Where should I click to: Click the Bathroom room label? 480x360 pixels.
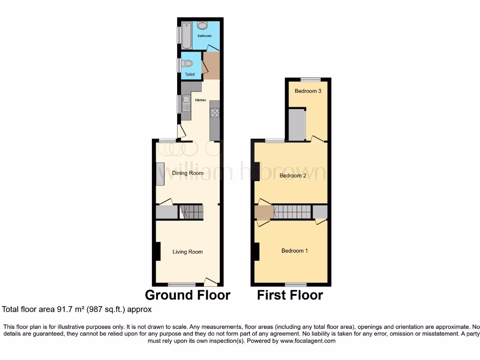tap(204, 36)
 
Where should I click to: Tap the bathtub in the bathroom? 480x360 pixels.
tap(187, 34)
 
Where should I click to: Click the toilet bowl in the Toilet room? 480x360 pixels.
tap(188, 64)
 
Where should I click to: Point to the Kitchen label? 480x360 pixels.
tap(201, 100)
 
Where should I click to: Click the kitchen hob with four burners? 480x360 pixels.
tap(215, 112)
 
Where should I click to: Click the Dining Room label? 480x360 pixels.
tap(187, 173)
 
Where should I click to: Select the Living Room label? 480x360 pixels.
tap(187, 252)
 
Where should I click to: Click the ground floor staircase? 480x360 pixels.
tap(192, 212)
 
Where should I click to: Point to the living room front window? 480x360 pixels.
tap(182, 284)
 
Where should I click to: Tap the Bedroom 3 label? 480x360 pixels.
tap(307, 91)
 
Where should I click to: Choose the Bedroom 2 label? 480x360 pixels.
tap(293, 176)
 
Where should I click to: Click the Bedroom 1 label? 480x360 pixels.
tap(294, 251)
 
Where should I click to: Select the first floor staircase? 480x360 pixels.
tap(292, 212)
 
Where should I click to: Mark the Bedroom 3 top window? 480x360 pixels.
tap(310, 79)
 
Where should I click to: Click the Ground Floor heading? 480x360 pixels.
tap(187, 295)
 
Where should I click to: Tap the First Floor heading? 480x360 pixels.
tap(290, 295)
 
